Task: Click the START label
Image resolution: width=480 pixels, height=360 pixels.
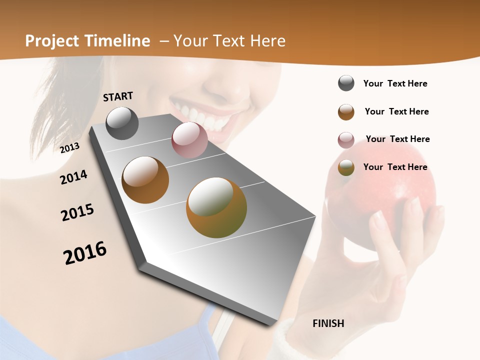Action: pos(118,96)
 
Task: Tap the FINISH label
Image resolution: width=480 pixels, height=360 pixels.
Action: pos(328,323)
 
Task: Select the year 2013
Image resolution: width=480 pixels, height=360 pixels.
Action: pos(70,148)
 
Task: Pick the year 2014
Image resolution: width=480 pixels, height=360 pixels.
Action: pos(74,177)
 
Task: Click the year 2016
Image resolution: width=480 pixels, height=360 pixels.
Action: pos(85,253)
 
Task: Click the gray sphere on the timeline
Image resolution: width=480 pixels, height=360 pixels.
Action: pos(122,123)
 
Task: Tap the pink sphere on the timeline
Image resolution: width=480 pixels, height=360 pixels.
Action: pos(189,140)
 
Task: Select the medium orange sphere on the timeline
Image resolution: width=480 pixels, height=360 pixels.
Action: pos(145,180)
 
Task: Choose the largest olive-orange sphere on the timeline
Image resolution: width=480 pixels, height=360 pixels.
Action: pos(216,207)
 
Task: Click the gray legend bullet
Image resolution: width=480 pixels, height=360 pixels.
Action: pos(346,83)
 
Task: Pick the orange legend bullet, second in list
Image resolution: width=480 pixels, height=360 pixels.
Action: pos(346,112)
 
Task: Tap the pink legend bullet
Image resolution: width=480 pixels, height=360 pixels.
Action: pos(346,140)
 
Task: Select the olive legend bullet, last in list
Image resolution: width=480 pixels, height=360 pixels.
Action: pos(346,167)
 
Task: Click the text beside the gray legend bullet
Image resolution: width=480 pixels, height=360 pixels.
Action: pos(395,84)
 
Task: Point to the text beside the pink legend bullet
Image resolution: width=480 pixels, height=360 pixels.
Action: pos(397,139)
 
